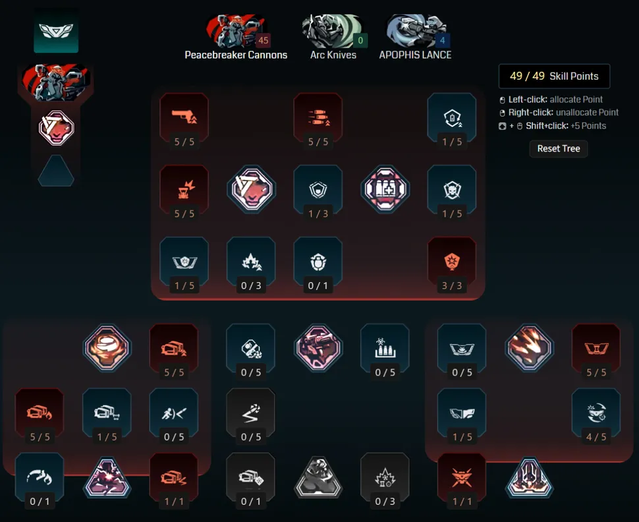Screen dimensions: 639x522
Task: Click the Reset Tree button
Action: coord(559,149)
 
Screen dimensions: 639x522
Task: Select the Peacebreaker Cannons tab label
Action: coord(236,55)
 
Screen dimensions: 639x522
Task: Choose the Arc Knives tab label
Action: coord(333,55)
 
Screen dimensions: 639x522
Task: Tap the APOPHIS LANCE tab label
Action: coord(415,55)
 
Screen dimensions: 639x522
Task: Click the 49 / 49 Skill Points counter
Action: coord(554,76)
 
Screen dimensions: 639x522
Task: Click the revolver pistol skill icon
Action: coord(184,116)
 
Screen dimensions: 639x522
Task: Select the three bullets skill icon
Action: coord(318,116)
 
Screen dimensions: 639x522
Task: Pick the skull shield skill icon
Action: coord(452,188)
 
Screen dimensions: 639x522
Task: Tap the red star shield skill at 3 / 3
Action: coord(452,261)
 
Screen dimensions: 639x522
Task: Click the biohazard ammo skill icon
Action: coord(385,347)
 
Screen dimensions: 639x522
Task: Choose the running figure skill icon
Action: coord(174,413)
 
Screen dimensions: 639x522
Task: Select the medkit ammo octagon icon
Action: coord(385,188)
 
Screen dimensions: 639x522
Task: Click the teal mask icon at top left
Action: coord(56,32)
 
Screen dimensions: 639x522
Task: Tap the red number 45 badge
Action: coord(264,40)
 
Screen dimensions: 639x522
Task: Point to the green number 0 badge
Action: coord(360,40)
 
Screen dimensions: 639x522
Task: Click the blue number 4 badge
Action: coord(443,40)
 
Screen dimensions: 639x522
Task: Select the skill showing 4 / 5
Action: coord(596,413)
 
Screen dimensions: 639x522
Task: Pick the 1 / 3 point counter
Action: coord(318,214)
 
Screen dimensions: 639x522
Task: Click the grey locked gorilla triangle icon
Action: coord(318,477)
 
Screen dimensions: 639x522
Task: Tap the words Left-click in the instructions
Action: coord(528,100)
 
